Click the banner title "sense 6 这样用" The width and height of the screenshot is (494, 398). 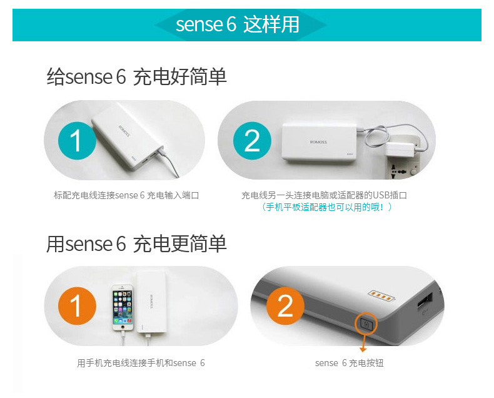pyautogui.click(x=238, y=24)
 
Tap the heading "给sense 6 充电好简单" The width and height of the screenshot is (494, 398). pyautogui.click(x=136, y=77)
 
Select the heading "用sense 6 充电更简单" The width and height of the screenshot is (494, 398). pyautogui.click(x=136, y=244)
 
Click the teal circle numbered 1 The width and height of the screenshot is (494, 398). pyautogui.click(x=77, y=141)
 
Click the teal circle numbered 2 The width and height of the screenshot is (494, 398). pyautogui.click(x=252, y=141)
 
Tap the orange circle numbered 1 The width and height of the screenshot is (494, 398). pyautogui.click(x=77, y=306)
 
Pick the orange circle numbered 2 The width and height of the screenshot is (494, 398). pyautogui.click(x=285, y=306)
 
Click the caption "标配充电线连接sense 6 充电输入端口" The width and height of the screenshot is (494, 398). pyautogui.click(x=126, y=195)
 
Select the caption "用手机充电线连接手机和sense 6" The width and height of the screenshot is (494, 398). pyautogui.click(x=141, y=363)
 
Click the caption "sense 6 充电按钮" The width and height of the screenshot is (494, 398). pyautogui.click(x=350, y=363)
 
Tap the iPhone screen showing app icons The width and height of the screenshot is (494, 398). pyautogui.click(x=123, y=307)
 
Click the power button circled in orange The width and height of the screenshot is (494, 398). pyautogui.click(x=366, y=324)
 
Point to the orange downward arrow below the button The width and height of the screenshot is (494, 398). pyautogui.click(x=363, y=343)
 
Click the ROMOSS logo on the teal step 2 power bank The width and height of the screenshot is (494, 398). pyautogui.click(x=318, y=142)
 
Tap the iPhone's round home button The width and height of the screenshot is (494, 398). pyautogui.click(x=123, y=328)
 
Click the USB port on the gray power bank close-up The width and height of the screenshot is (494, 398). pyautogui.click(x=425, y=301)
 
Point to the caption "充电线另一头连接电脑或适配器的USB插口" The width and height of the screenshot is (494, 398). pyautogui.click(x=324, y=195)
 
